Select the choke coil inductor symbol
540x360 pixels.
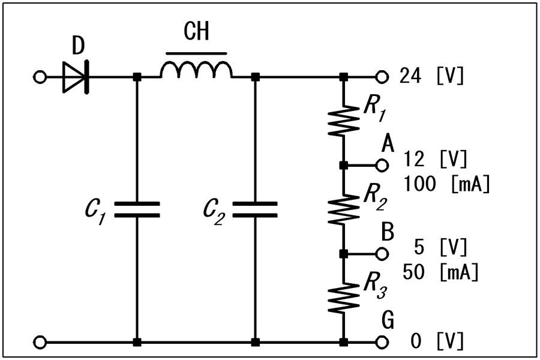196,70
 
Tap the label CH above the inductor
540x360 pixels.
196,31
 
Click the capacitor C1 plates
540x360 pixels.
137,209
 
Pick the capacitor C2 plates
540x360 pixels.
255,209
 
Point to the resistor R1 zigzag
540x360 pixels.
343,120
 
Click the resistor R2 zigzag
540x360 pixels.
343,209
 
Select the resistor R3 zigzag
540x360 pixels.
343,298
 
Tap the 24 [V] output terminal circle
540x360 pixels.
382,77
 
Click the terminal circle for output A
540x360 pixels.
382,166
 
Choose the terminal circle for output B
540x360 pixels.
382,254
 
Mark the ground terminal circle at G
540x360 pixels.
382,342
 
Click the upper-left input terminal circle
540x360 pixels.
40,77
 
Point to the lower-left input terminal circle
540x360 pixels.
40,342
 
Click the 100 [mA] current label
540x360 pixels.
446,184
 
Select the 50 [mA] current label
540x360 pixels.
440,272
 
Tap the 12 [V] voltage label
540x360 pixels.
436,159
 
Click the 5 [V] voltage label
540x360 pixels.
440,247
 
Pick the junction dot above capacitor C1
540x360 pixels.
137,77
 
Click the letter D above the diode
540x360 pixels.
79,46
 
